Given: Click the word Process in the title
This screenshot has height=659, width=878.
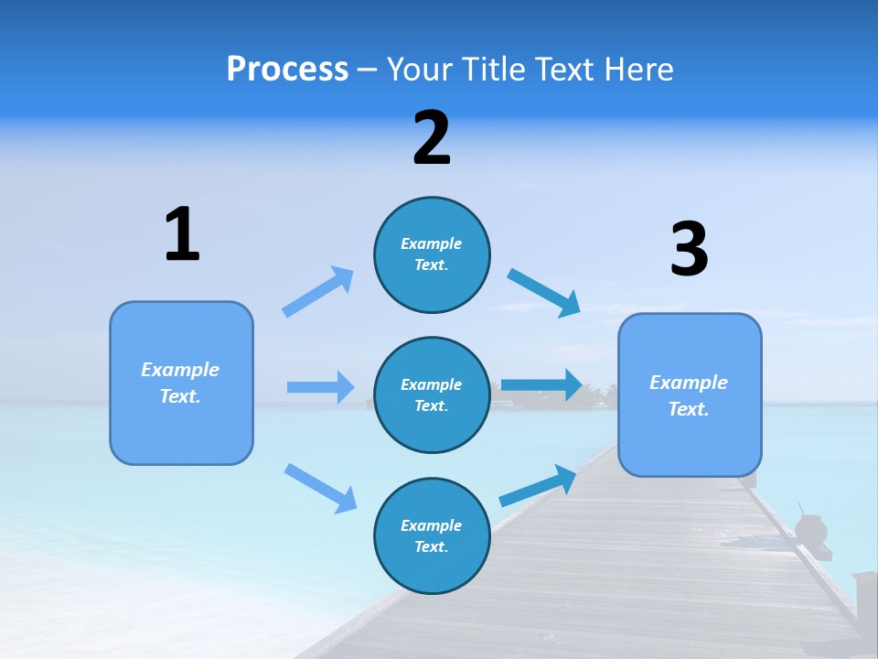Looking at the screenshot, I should (287, 70).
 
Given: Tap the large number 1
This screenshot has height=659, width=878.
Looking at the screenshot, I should (182, 234).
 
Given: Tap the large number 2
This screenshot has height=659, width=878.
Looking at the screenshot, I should (432, 138).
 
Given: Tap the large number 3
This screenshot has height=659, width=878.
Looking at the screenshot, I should (689, 249).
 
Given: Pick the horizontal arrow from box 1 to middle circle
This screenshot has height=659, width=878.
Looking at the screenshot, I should (320, 387).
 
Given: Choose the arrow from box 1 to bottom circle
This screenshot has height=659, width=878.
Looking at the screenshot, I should (320, 487).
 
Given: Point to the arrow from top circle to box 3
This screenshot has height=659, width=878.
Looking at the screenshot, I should (543, 292).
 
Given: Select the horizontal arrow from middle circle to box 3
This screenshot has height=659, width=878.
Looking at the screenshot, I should (541, 384).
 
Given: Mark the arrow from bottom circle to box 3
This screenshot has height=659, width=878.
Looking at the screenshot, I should (538, 485).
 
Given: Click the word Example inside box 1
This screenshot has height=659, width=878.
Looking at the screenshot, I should (180, 370).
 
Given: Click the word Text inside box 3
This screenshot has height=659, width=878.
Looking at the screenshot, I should (688, 409).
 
